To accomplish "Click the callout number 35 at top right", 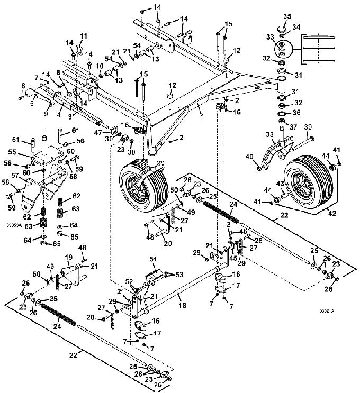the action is pos(287,16).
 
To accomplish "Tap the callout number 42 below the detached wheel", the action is pos(332,213).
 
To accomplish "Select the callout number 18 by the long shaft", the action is pos(183,305).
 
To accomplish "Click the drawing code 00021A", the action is pos(327,311).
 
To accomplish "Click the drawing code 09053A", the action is pos(14,225).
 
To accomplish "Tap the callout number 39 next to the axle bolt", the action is pos(308,127).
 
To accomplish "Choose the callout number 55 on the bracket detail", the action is pos(12,152).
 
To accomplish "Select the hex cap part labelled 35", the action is pos(282,29).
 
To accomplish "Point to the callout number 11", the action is pos(84,36).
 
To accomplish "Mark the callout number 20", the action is pos(168,243).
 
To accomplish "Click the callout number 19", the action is pos(69,257).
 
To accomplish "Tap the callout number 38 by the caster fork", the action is pos(269,135).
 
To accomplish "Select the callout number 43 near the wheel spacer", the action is pos(280,184).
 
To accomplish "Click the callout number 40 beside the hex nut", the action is pos(249,157).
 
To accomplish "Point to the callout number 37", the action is pos(293,127).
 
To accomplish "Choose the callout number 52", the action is pos(129,281).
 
